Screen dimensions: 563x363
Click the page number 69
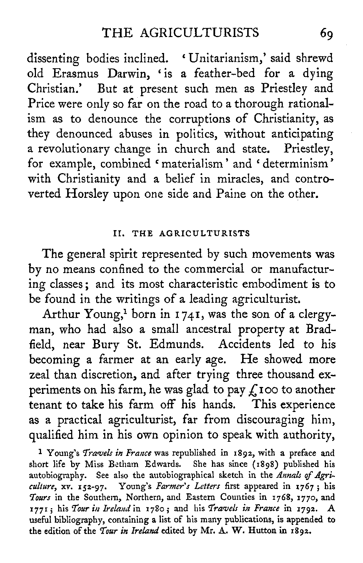[x=327, y=34]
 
